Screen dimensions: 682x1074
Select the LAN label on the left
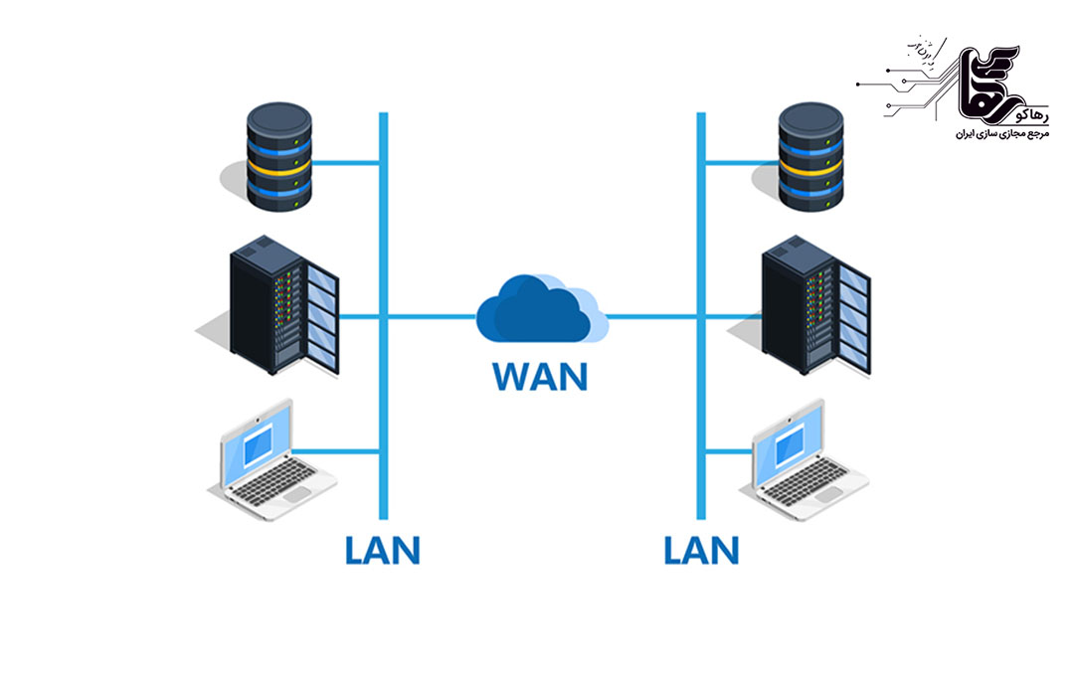tap(382, 549)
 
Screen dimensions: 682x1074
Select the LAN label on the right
tap(701, 549)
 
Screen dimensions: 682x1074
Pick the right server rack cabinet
tap(816, 304)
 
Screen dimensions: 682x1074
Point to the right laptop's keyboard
tap(810, 481)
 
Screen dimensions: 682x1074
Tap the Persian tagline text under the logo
tap(979, 132)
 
